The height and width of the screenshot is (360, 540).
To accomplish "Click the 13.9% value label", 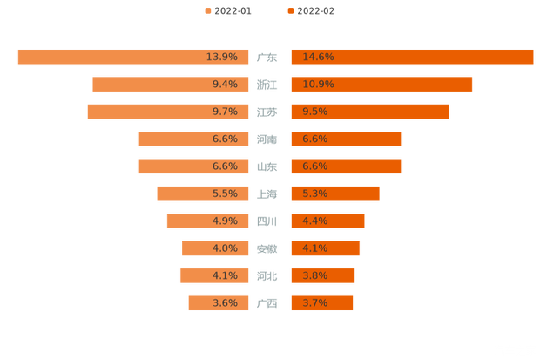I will click(221, 57).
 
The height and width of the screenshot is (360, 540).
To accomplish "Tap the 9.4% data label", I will click(224, 85).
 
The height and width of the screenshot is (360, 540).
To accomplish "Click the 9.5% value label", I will click(314, 112).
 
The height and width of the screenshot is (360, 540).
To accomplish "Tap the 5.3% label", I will click(314, 194).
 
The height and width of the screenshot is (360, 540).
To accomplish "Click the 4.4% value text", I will click(314, 221).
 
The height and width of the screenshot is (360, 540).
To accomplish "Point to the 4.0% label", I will click(224, 248).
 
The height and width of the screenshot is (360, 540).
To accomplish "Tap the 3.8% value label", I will click(314, 275).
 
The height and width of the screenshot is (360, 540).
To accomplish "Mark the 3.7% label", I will click(314, 303).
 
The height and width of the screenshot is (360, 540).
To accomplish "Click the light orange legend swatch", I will click(207, 11).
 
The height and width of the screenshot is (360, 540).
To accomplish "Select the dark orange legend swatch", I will click(289, 11).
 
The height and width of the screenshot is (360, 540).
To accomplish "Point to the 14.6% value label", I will click(318, 57).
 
